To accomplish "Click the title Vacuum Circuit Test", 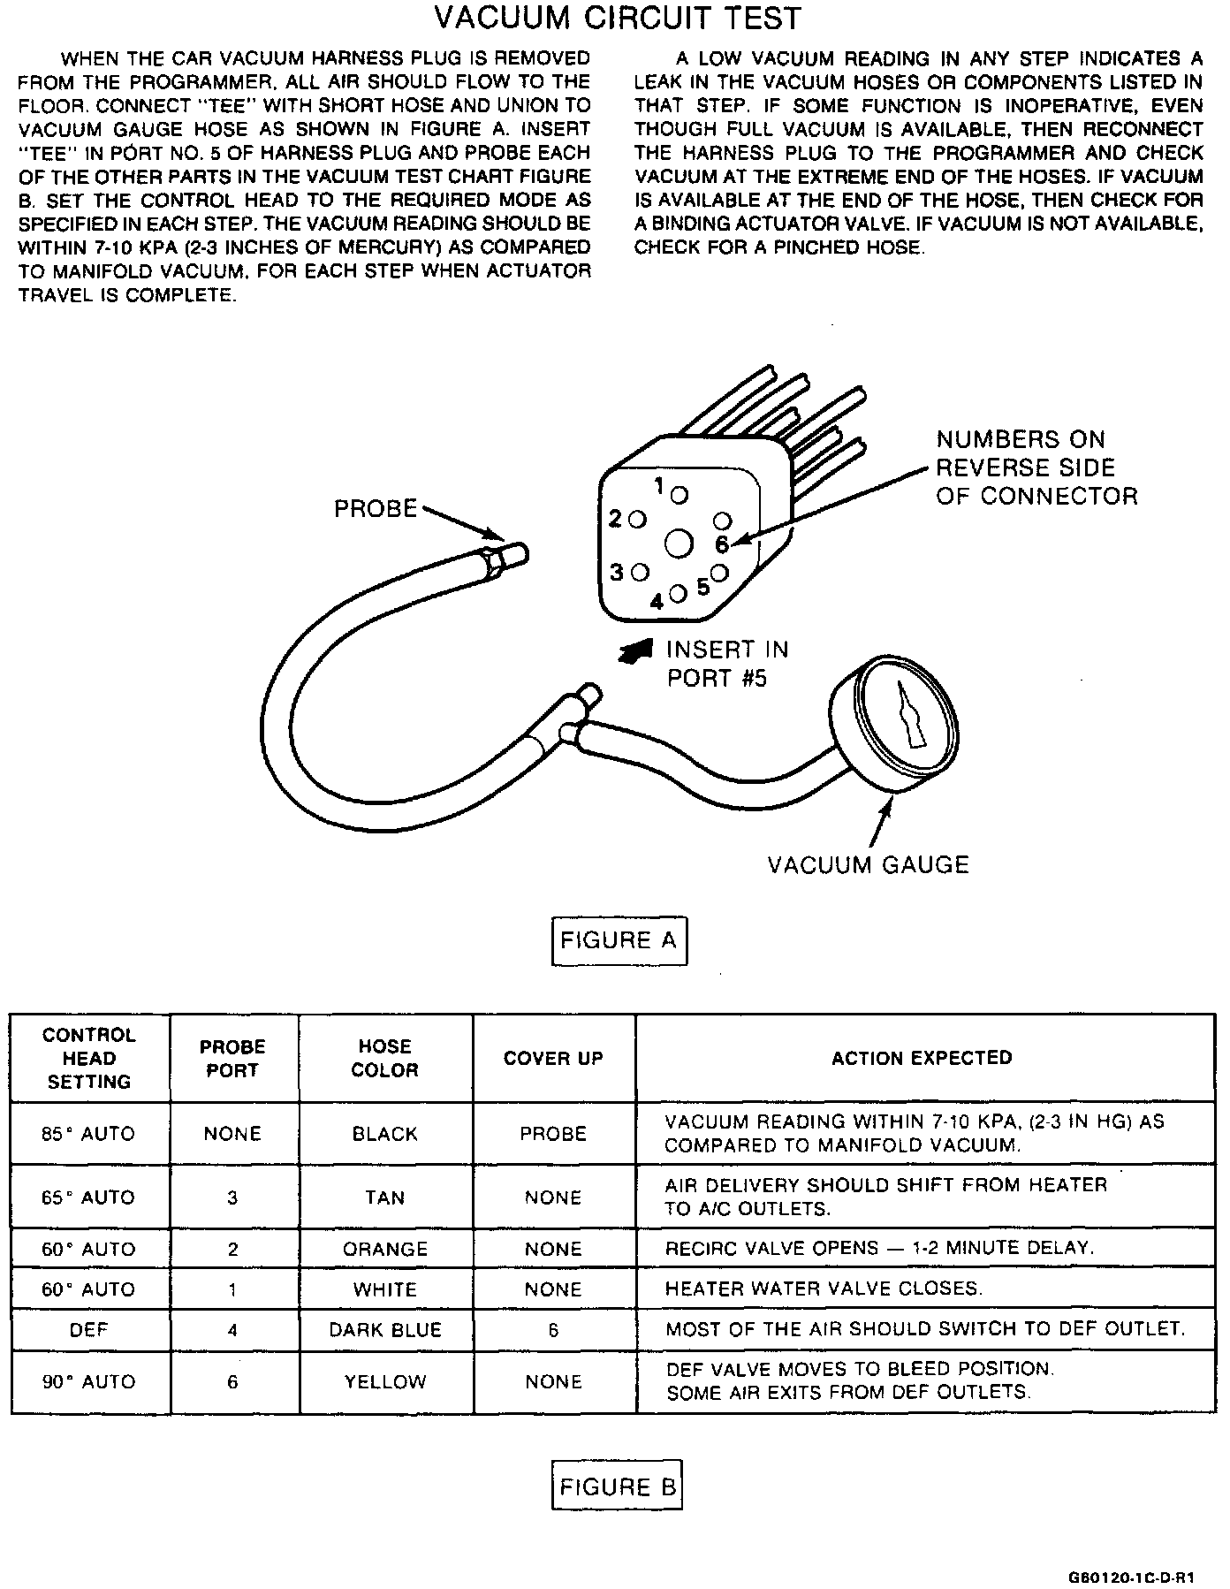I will [x=618, y=19].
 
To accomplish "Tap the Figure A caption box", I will [x=619, y=940].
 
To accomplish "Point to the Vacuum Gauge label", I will [x=868, y=864].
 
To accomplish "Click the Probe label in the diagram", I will [x=376, y=509].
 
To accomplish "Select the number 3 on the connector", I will [x=618, y=572].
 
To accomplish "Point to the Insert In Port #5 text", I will [x=726, y=664].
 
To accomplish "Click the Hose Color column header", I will [x=385, y=1058].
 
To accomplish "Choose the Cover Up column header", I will [x=553, y=1058].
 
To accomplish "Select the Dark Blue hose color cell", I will [x=385, y=1330].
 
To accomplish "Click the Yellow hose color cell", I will [x=385, y=1381].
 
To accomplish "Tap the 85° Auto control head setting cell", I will [x=88, y=1134].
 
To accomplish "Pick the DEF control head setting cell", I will [x=88, y=1330].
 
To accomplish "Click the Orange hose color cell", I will [x=385, y=1249].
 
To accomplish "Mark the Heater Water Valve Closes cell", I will [x=824, y=1289].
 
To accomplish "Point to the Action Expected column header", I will [x=922, y=1058].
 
